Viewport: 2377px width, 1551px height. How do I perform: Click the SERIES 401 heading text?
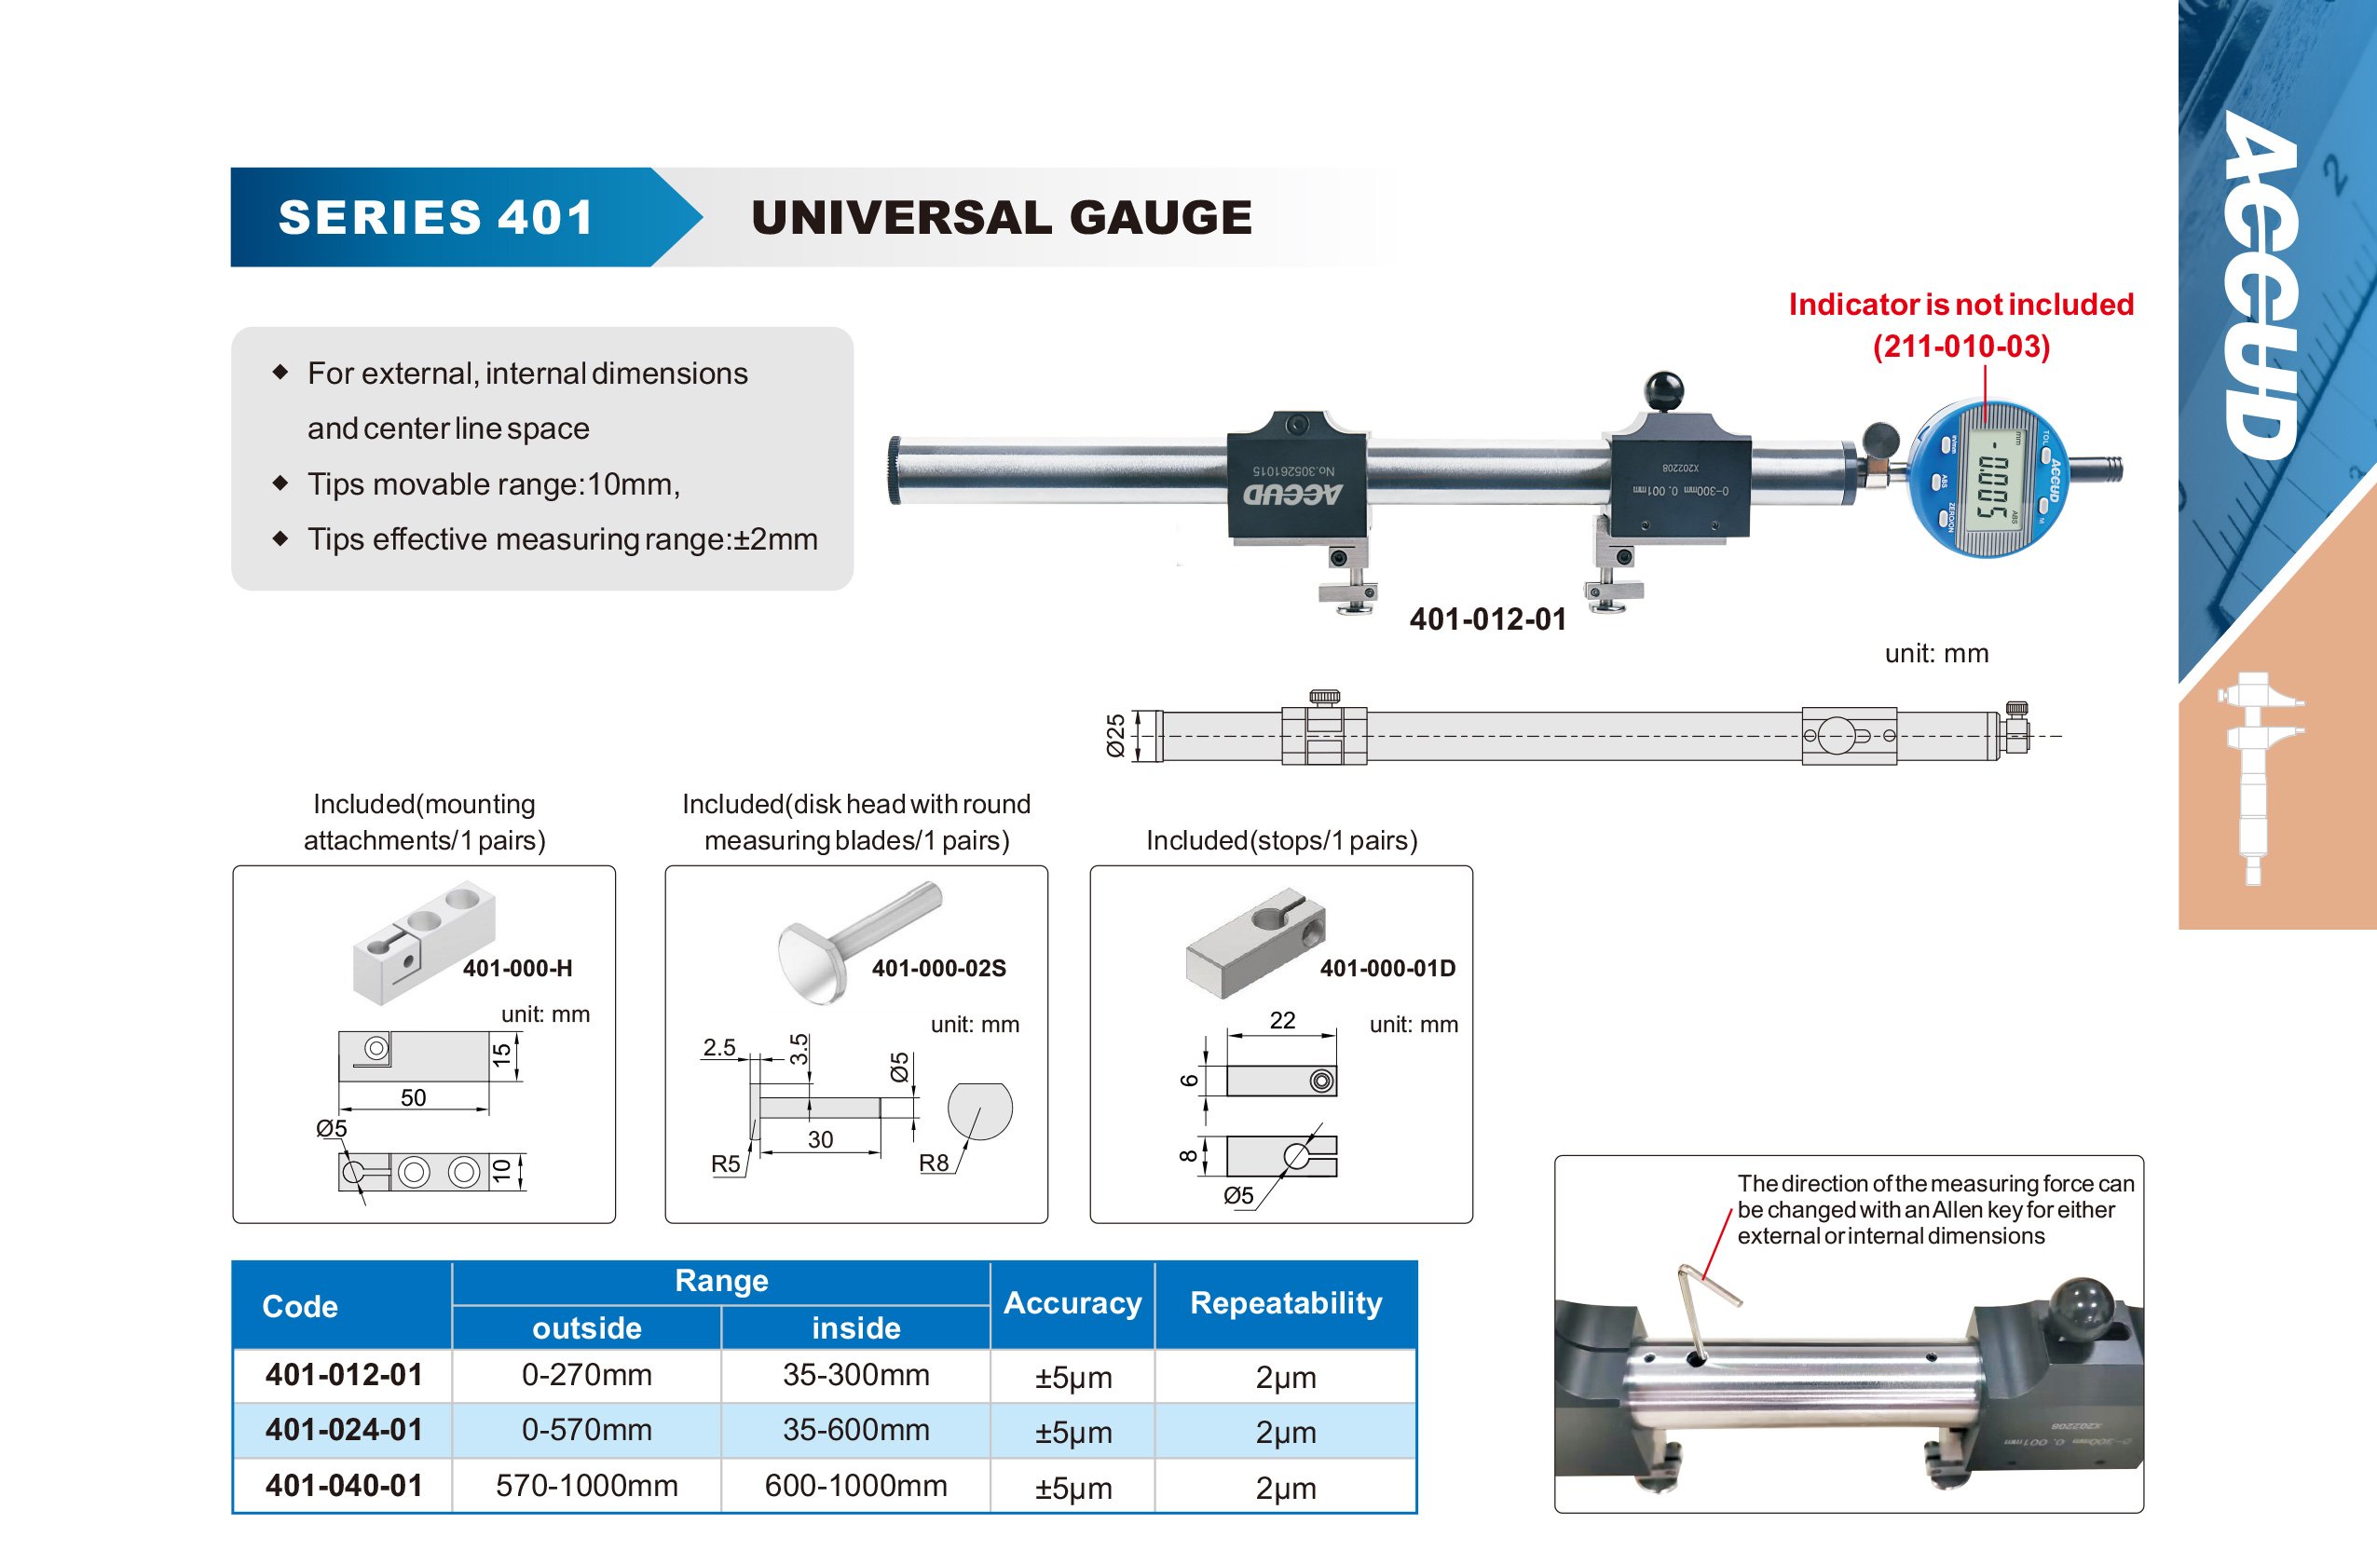tap(435, 218)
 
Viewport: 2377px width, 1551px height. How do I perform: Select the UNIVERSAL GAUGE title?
tap(1001, 218)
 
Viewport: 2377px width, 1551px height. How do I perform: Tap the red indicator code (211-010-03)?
tap(1960, 347)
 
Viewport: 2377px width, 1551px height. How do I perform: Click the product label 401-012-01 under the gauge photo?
tap(1487, 619)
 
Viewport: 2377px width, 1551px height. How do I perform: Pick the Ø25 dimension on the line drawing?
tap(1114, 735)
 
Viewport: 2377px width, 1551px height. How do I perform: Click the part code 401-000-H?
tap(517, 968)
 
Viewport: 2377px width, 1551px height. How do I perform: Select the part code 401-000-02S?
tap(939, 968)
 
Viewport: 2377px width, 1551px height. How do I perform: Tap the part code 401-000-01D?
tap(1387, 968)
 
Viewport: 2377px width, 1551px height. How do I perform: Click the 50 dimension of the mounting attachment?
tap(414, 1097)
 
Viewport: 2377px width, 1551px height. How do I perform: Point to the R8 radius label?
tap(934, 1163)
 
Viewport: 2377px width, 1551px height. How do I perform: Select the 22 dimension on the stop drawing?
tap(1282, 1020)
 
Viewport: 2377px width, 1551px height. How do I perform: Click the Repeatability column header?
tap(1287, 1303)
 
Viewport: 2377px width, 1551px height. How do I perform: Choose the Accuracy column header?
tap(1072, 1303)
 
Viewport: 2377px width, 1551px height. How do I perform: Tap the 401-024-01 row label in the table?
tap(344, 1430)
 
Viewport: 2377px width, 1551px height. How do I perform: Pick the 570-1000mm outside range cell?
tap(587, 1486)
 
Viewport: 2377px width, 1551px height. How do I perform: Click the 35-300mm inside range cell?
tap(856, 1375)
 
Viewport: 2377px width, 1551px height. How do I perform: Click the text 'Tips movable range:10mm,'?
tap(493, 484)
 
